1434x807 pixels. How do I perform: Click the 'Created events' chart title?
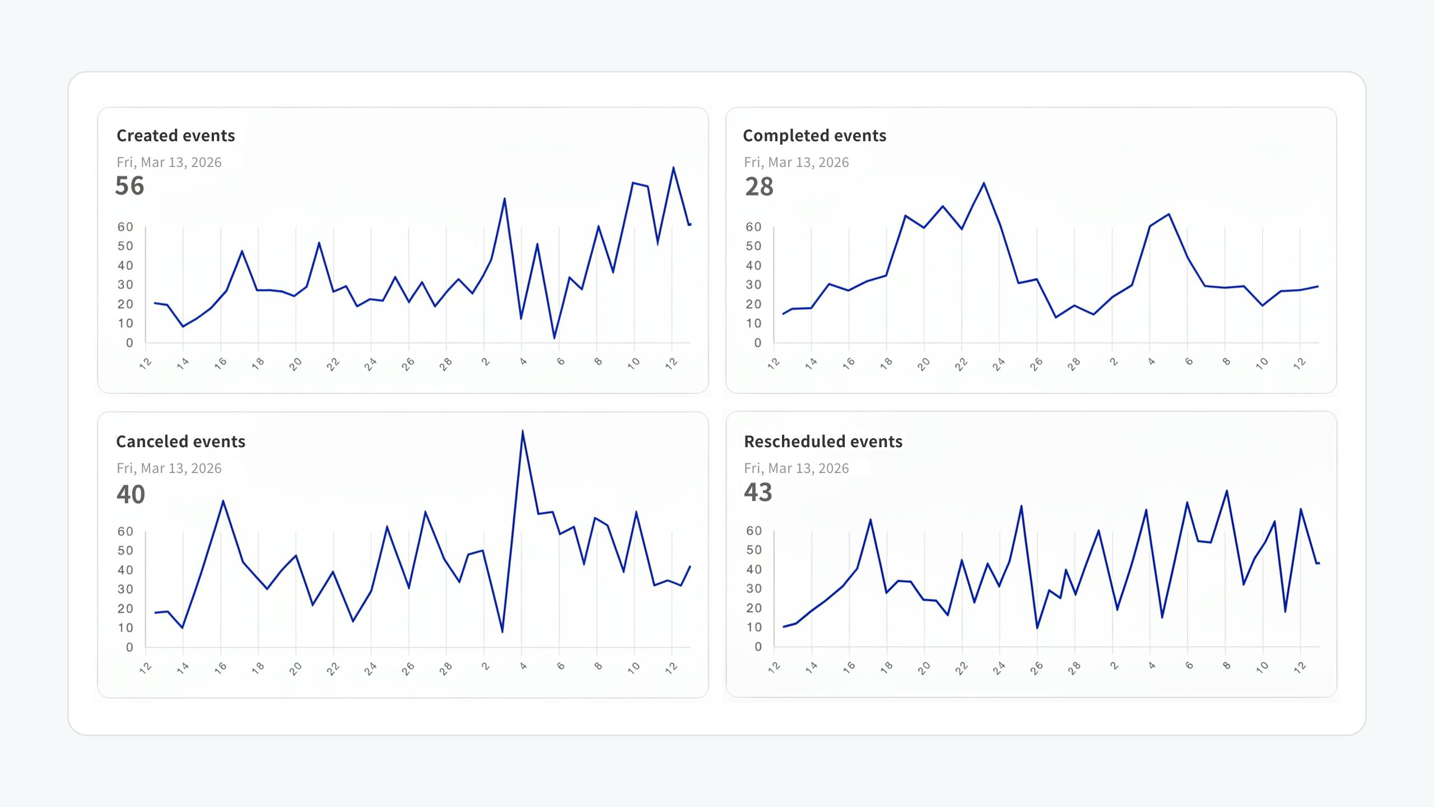pyautogui.click(x=175, y=136)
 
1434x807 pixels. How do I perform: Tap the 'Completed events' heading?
pyautogui.click(x=814, y=136)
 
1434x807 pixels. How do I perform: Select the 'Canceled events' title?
pyautogui.click(x=180, y=442)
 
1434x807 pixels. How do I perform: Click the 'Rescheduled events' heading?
pyautogui.click(x=823, y=442)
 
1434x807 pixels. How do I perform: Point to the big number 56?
pyautogui.click(x=129, y=186)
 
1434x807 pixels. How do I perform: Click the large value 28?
pyautogui.click(x=759, y=187)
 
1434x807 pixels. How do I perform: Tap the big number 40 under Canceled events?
pyautogui.click(x=131, y=494)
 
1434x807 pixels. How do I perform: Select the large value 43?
pyautogui.click(x=758, y=492)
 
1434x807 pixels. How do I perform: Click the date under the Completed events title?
pyautogui.click(x=796, y=163)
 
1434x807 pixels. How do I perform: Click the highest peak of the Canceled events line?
pyautogui.click(x=523, y=431)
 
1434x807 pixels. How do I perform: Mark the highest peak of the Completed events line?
pyautogui.click(x=984, y=183)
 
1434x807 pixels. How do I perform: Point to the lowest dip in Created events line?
pyautogui.click(x=555, y=338)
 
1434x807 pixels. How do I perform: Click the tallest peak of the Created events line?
pyautogui.click(x=673, y=168)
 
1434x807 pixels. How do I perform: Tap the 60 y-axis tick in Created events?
pyautogui.click(x=125, y=227)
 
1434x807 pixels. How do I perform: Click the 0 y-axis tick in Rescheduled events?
pyautogui.click(x=758, y=647)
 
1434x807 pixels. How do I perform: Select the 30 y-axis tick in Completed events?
pyautogui.click(x=753, y=285)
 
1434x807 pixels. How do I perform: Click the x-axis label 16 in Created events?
pyautogui.click(x=221, y=363)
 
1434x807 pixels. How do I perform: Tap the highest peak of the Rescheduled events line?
pyautogui.click(x=1227, y=491)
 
